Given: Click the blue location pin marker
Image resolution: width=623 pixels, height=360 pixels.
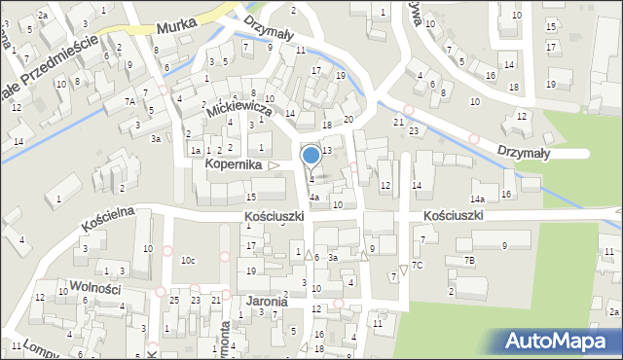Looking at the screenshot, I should [x=311, y=156].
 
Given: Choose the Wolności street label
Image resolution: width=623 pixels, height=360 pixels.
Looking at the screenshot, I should [x=94, y=287].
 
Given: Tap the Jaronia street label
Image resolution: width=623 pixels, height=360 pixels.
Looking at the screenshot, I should [x=267, y=302].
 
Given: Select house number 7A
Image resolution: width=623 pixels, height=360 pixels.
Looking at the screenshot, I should [x=130, y=101].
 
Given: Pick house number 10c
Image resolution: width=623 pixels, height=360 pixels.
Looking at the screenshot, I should [x=187, y=260].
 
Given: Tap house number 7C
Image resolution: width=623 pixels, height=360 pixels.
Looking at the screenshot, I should [x=417, y=265].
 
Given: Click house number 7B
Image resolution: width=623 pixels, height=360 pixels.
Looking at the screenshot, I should [x=469, y=260].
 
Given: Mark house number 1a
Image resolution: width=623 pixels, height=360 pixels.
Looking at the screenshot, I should [x=196, y=151].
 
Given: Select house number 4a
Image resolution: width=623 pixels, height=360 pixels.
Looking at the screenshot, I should [x=313, y=198].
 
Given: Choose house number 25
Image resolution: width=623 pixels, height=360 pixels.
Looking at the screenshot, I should [x=174, y=300].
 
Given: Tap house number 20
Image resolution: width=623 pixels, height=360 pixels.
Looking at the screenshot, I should [x=348, y=119].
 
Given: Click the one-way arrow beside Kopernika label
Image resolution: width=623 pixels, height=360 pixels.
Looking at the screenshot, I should [x=275, y=165].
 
